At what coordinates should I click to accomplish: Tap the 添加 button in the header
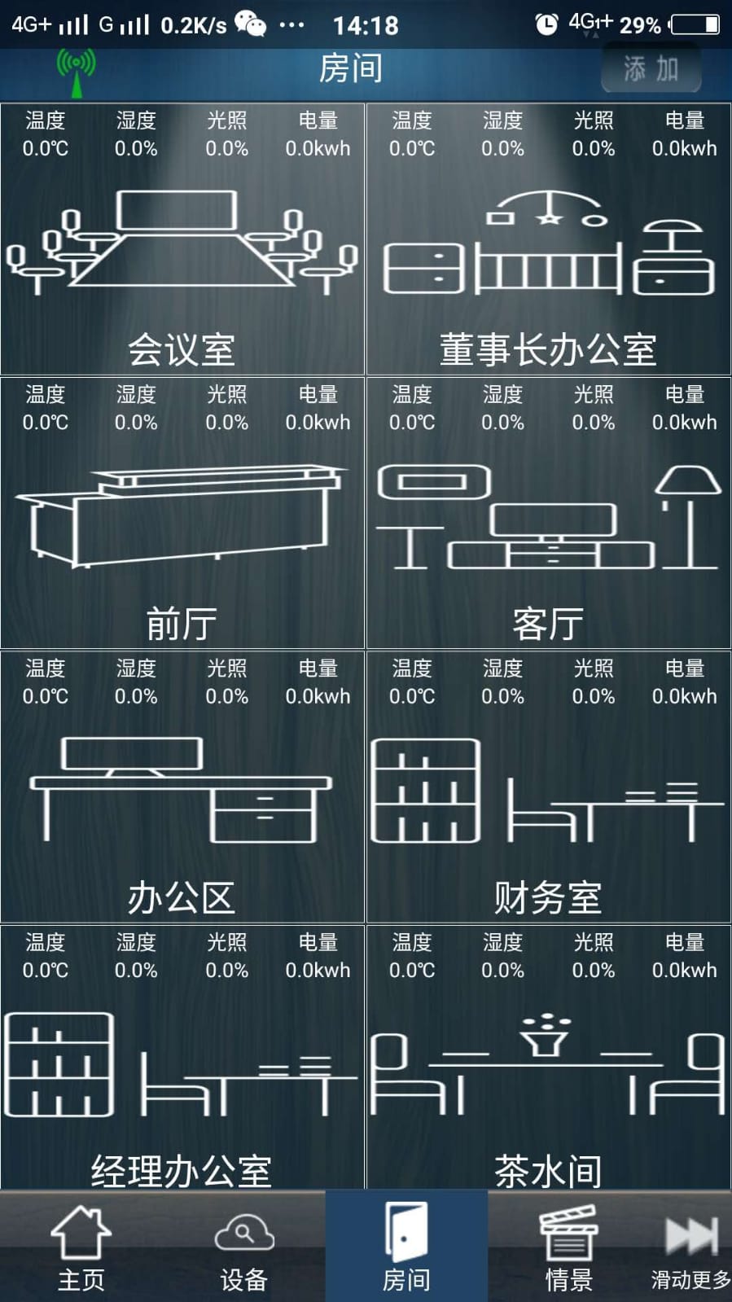[x=651, y=69]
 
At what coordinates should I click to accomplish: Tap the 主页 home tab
[x=81, y=1247]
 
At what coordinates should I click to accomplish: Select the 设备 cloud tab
[x=243, y=1247]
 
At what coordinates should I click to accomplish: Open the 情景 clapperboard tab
[x=568, y=1247]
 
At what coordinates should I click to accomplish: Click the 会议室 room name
[x=182, y=349]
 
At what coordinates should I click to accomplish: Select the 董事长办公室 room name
[x=548, y=349]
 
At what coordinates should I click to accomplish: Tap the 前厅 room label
[x=182, y=624]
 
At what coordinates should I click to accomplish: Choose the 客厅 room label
[x=548, y=624]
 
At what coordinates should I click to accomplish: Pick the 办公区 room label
[x=182, y=897]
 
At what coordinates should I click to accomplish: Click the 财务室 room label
[x=548, y=897]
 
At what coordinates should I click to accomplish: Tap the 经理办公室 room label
[x=182, y=1171]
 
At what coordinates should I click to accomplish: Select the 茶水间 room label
[x=548, y=1171]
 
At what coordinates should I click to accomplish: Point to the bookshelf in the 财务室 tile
[x=425, y=791]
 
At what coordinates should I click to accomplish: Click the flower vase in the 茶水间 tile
[x=546, y=1035]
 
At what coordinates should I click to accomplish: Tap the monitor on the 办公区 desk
[x=132, y=755]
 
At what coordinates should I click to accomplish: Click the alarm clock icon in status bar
[x=546, y=24]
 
